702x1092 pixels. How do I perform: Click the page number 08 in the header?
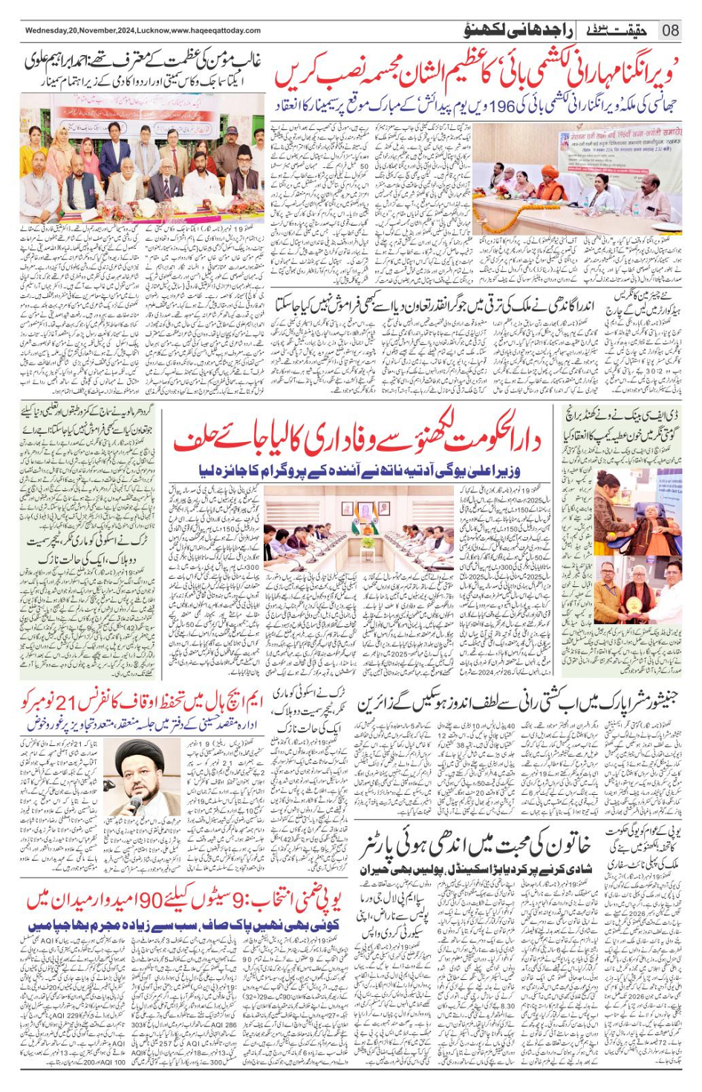(x=671, y=30)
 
